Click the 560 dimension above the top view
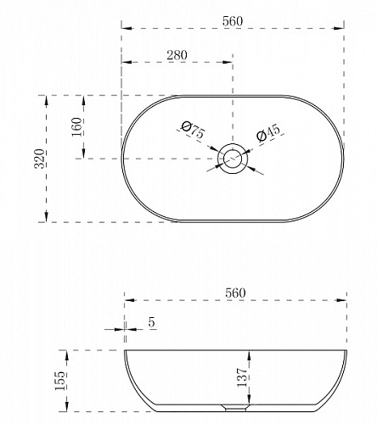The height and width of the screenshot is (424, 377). [233, 21]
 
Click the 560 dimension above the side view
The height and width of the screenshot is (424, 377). [235, 293]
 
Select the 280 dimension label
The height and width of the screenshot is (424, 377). [177, 55]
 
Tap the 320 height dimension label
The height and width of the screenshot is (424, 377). [39, 159]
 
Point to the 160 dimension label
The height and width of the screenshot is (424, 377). [76, 127]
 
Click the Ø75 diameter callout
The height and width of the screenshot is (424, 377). [193, 130]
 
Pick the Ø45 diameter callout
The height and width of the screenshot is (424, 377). [268, 132]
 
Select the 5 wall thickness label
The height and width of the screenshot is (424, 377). [152, 322]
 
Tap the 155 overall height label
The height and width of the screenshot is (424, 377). [59, 381]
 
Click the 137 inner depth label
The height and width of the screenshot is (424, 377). [242, 377]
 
